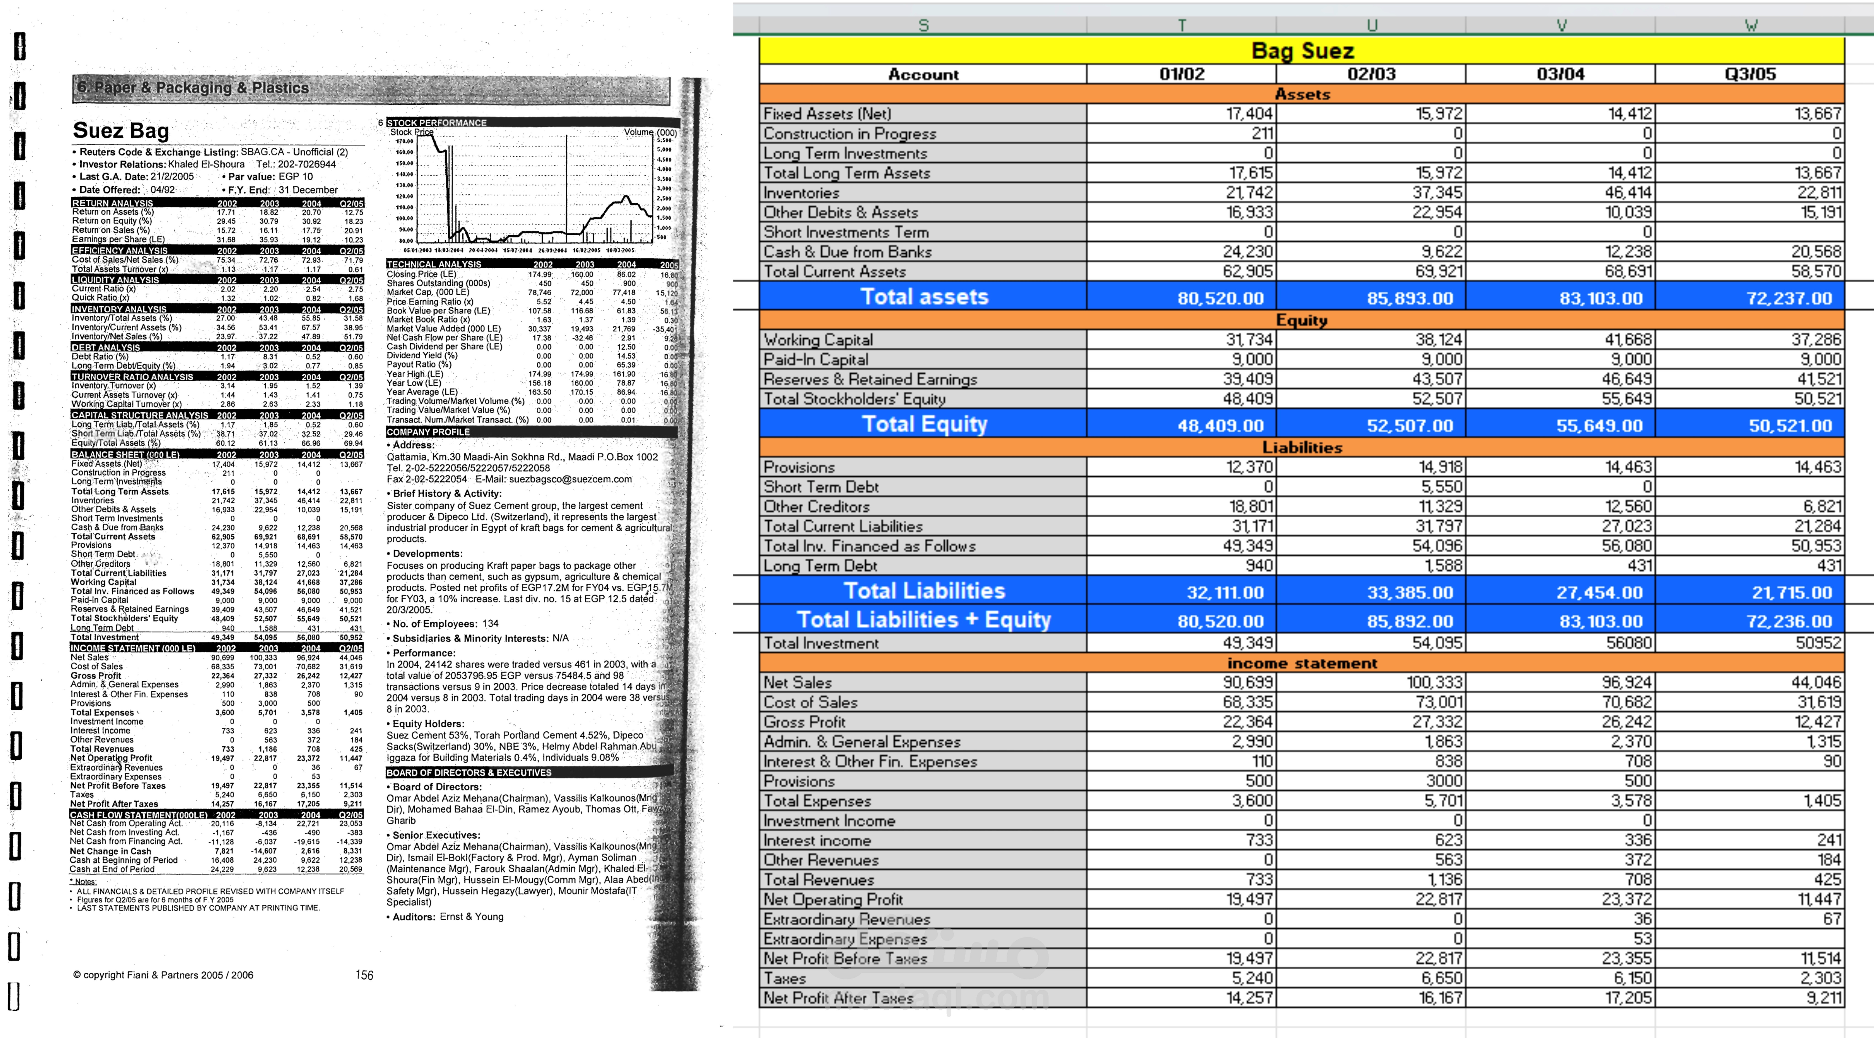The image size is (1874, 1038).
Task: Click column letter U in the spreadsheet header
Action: point(1371,25)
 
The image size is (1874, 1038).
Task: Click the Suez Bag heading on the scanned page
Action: point(121,131)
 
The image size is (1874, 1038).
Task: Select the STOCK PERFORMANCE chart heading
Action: point(436,122)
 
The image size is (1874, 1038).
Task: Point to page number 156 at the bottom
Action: point(364,975)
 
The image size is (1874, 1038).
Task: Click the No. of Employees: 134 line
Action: point(445,624)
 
